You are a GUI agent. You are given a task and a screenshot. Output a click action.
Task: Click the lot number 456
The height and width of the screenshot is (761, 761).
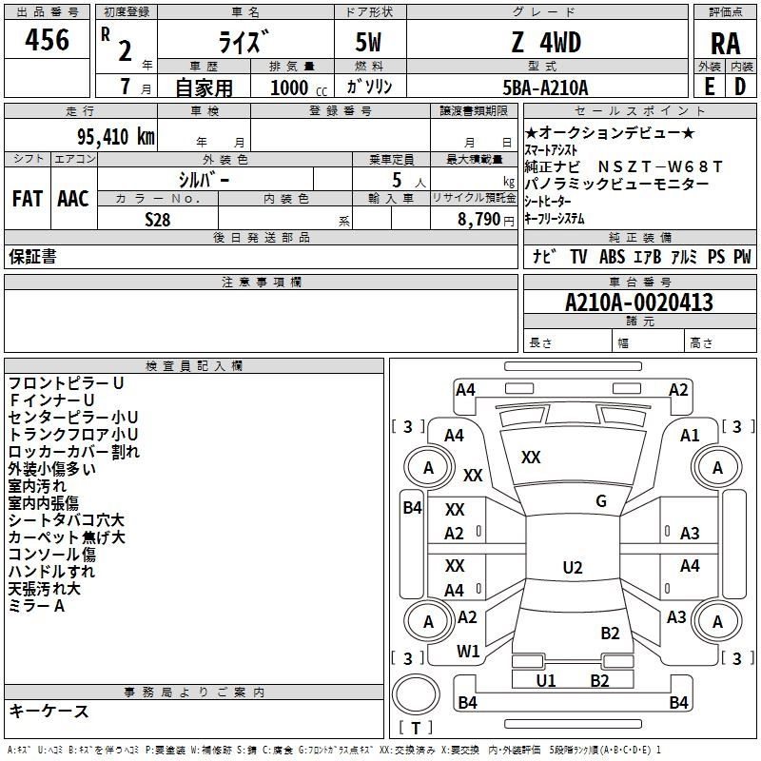[x=47, y=40]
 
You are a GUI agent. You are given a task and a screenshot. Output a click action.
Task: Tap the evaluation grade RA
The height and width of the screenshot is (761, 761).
[x=725, y=44]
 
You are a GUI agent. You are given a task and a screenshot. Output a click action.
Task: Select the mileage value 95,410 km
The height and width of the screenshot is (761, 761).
[x=116, y=137]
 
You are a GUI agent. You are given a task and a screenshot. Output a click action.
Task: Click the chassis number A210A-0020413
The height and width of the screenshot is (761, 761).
[x=639, y=302]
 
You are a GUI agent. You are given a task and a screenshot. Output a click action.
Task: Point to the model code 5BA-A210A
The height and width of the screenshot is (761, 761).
[x=545, y=88]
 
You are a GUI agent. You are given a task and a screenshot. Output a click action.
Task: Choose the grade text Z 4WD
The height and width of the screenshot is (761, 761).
[x=546, y=42]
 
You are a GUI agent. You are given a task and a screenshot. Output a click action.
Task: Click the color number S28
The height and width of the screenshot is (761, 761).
[x=158, y=220]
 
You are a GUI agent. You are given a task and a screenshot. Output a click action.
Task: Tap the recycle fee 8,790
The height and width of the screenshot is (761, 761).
[x=479, y=220]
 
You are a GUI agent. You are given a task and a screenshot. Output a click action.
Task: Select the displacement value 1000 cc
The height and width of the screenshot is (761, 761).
[x=299, y=88]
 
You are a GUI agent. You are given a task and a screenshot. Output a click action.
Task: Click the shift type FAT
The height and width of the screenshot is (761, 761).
[x=28, y=199]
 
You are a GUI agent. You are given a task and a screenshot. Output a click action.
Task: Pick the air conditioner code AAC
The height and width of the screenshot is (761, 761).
[x=73, y=199]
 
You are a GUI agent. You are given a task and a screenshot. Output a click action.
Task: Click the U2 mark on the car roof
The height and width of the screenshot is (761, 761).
[x=573, y=567]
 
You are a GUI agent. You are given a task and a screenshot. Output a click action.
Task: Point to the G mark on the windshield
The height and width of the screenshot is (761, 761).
[x=601, y=501]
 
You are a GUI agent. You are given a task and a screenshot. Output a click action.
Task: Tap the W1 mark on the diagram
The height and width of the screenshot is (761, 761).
[x=468, y=652]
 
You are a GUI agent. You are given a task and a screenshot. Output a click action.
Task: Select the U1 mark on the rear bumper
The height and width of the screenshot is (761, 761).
[x=545, y=681]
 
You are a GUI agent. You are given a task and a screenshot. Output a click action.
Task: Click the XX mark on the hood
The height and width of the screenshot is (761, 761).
[x=531, y=458]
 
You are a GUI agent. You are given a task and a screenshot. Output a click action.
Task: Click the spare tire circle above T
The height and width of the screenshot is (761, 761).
[x=416, y=694]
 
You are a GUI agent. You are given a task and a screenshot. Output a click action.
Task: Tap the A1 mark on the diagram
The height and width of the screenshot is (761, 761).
[x=690, y=436]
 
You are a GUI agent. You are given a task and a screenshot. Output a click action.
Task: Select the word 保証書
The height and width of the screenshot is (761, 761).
[x=32, y=257]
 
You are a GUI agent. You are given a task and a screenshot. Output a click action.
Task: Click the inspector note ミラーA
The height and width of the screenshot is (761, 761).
[x=36, y=606]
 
